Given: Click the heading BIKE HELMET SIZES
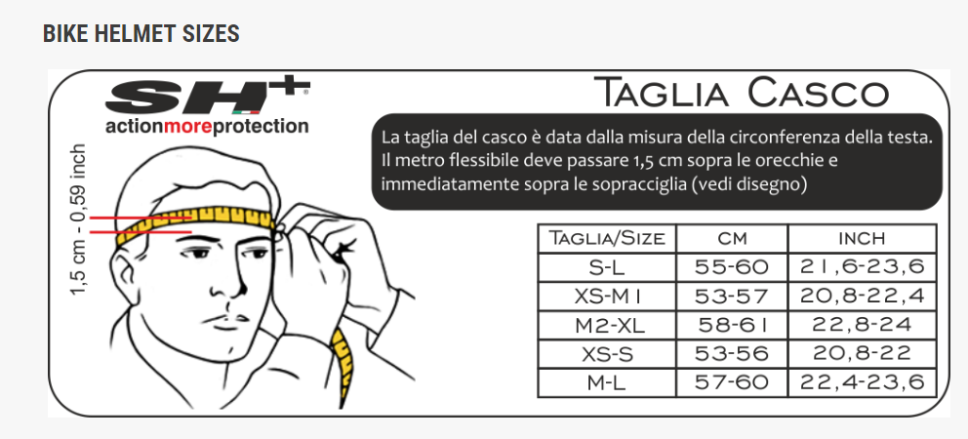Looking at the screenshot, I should tap(141, 34).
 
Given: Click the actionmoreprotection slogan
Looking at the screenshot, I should tap(207, 127).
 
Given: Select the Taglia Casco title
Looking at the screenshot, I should tap(742, 94).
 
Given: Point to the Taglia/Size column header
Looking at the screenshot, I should tap(607, 238).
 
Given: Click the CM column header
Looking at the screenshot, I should tap(732, 238).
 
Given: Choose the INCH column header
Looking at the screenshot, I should tap(862, 238).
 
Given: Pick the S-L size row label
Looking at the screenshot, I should tap(607, 266).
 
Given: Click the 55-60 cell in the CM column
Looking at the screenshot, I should tap(732, 266).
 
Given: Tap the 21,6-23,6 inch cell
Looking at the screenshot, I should tap(862, 266).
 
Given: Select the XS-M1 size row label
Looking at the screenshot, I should tap(607, 296).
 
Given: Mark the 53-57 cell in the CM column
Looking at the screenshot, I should tap(732, 296).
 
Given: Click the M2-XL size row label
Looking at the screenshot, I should tap(607, 324).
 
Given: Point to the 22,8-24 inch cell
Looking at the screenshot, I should tap(862, 324).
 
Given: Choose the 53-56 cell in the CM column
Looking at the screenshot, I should tap(732, 353).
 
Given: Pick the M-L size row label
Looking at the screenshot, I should tap(607, 381).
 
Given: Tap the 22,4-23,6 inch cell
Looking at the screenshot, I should tap(862, 381).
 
